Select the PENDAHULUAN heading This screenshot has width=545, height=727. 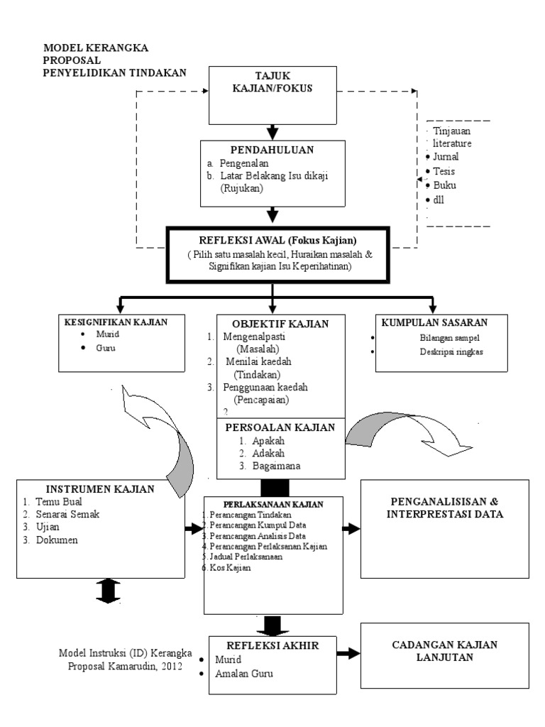272,150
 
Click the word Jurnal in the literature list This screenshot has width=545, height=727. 445,157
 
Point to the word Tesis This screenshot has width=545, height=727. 444,171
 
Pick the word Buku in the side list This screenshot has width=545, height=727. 444,185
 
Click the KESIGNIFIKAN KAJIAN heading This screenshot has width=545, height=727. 116,322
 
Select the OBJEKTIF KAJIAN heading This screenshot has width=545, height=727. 280,324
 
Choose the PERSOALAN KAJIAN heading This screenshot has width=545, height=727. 280,427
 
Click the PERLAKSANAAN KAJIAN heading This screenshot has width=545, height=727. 274,504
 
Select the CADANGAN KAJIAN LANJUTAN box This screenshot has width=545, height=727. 445,651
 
